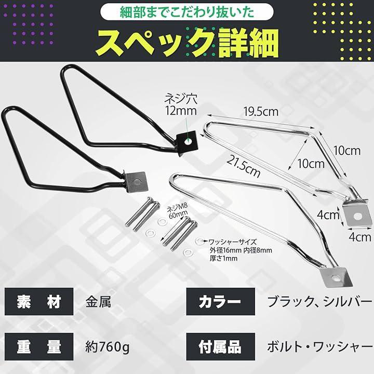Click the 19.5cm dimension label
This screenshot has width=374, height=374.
[x=261, y=111]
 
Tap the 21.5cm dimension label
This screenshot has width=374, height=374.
[x=243, y=166]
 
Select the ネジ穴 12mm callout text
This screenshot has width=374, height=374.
[x=181, y=105]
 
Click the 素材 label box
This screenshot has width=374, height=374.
[x=39, y=301]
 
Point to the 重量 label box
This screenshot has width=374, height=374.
[x=39, y=347]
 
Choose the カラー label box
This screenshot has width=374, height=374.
[x=221, y=301]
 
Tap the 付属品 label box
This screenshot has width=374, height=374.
[x=221, y=347]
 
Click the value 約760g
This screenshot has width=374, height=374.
[x=108, y=348]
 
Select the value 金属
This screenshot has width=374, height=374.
[x=98, y=302]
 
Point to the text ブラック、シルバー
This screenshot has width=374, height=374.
[x=316, y=302]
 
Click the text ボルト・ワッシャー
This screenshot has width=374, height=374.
[x=316, y=348]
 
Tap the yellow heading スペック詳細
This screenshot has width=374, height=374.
[x=187, y=43]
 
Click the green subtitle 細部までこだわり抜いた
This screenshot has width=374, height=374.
[x=187, y=12]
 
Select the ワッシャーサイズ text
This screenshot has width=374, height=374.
[x=233, y=243]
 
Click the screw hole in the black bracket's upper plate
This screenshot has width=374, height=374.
[x=188, y=141]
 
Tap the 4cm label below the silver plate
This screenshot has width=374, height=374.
[x=360, y=237]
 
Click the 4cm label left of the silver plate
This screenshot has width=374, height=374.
[x=328, y=215]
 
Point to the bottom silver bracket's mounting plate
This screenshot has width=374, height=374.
[x=336, y=277]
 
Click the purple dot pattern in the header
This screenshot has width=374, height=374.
[x=29, y=24]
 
